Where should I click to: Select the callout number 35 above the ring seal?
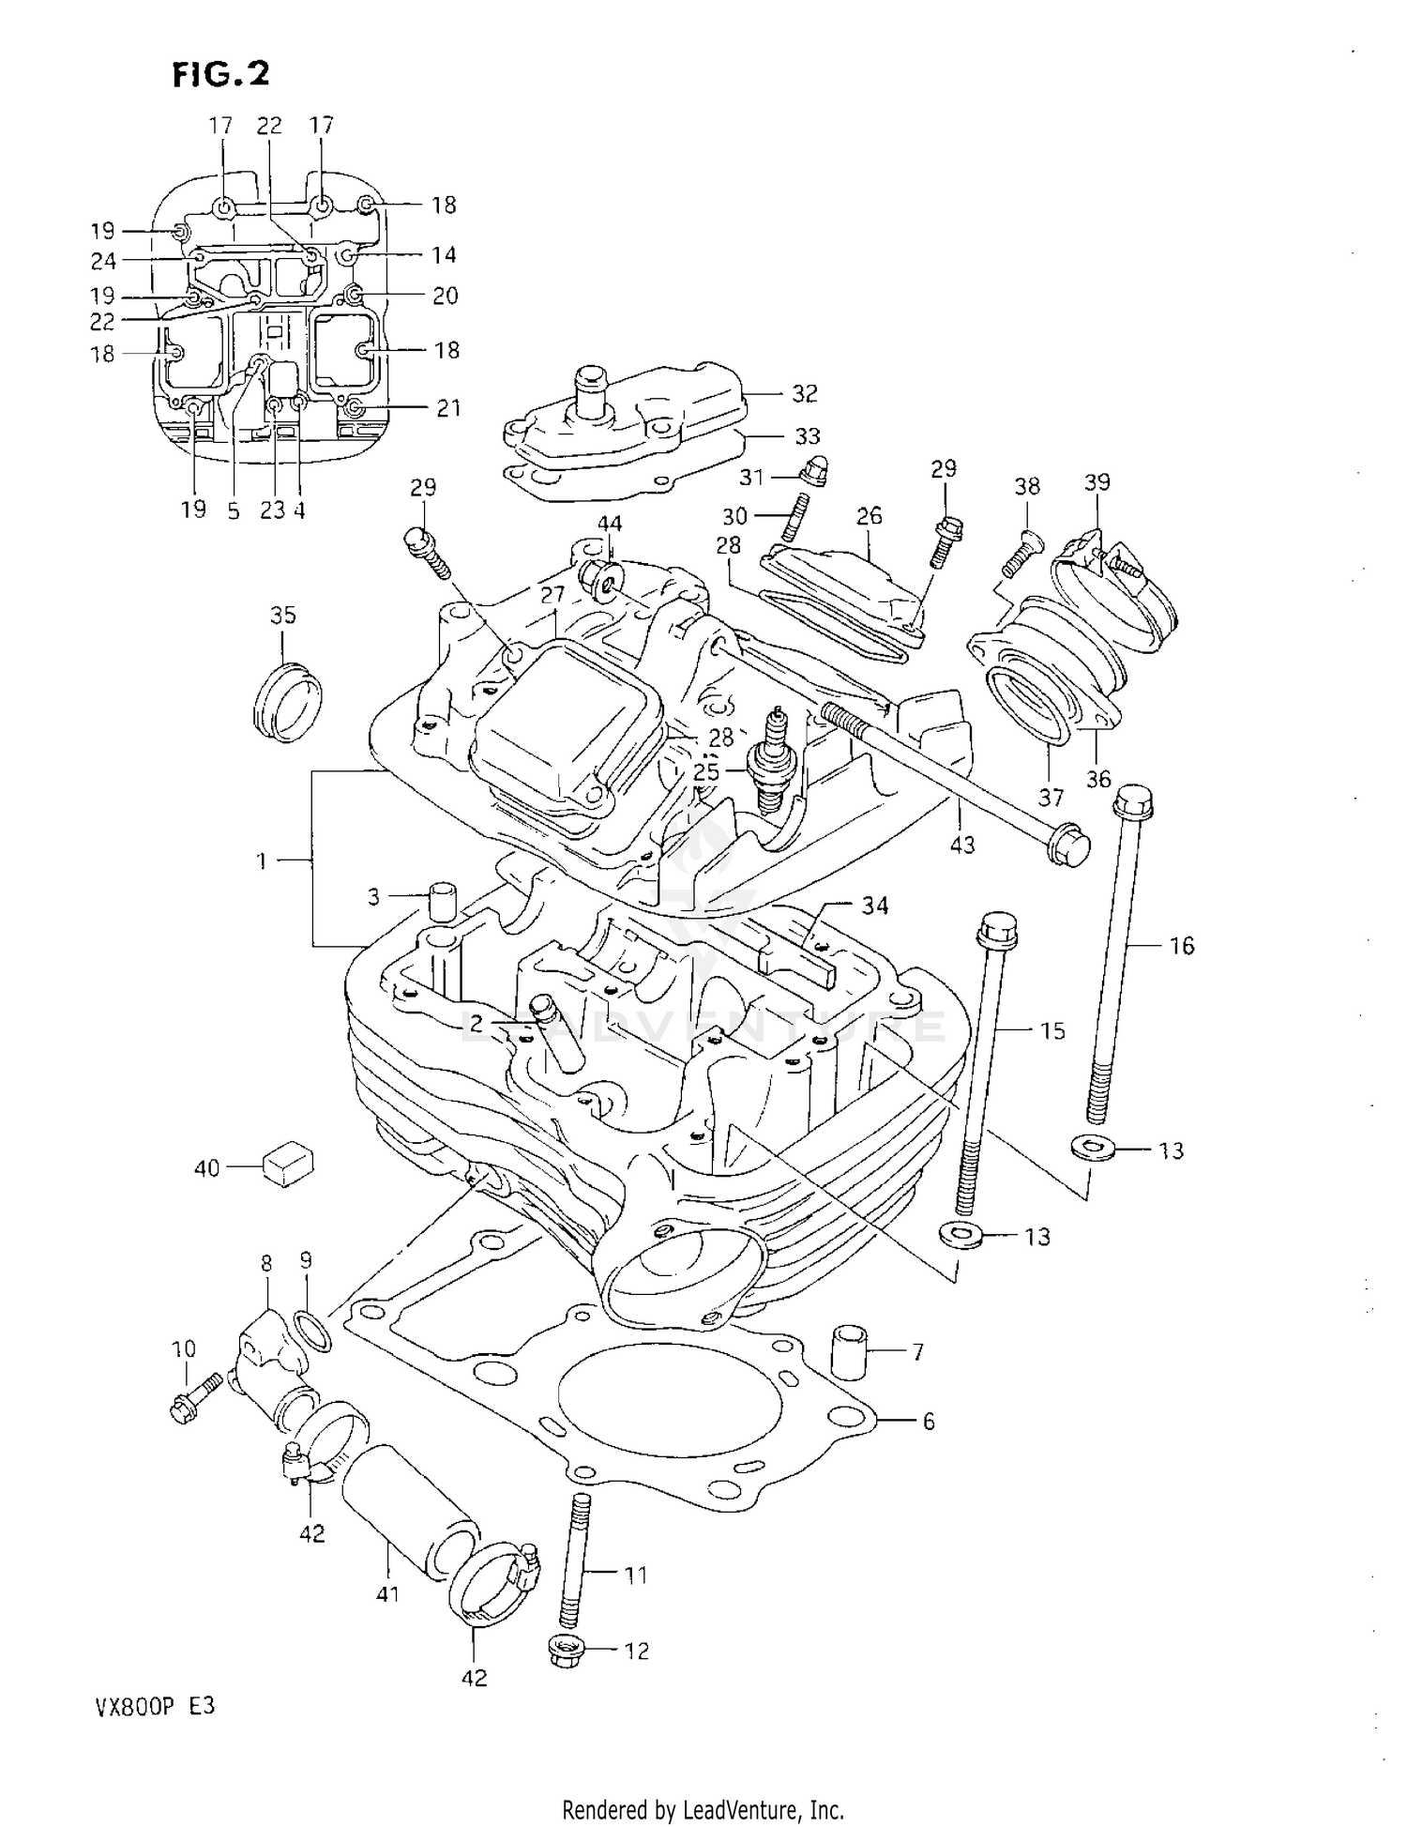point(282,615)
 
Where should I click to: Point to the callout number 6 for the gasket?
point(928,1422)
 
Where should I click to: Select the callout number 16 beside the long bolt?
point(1182,946)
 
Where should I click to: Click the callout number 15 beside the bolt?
point(1052,1030)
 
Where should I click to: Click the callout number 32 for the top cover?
point(805,393)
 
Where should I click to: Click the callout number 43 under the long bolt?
point(962,845)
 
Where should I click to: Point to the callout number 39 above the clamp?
point(1097,481)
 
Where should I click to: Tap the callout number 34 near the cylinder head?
point(874,906)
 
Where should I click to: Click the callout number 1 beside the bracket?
point(263,860)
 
